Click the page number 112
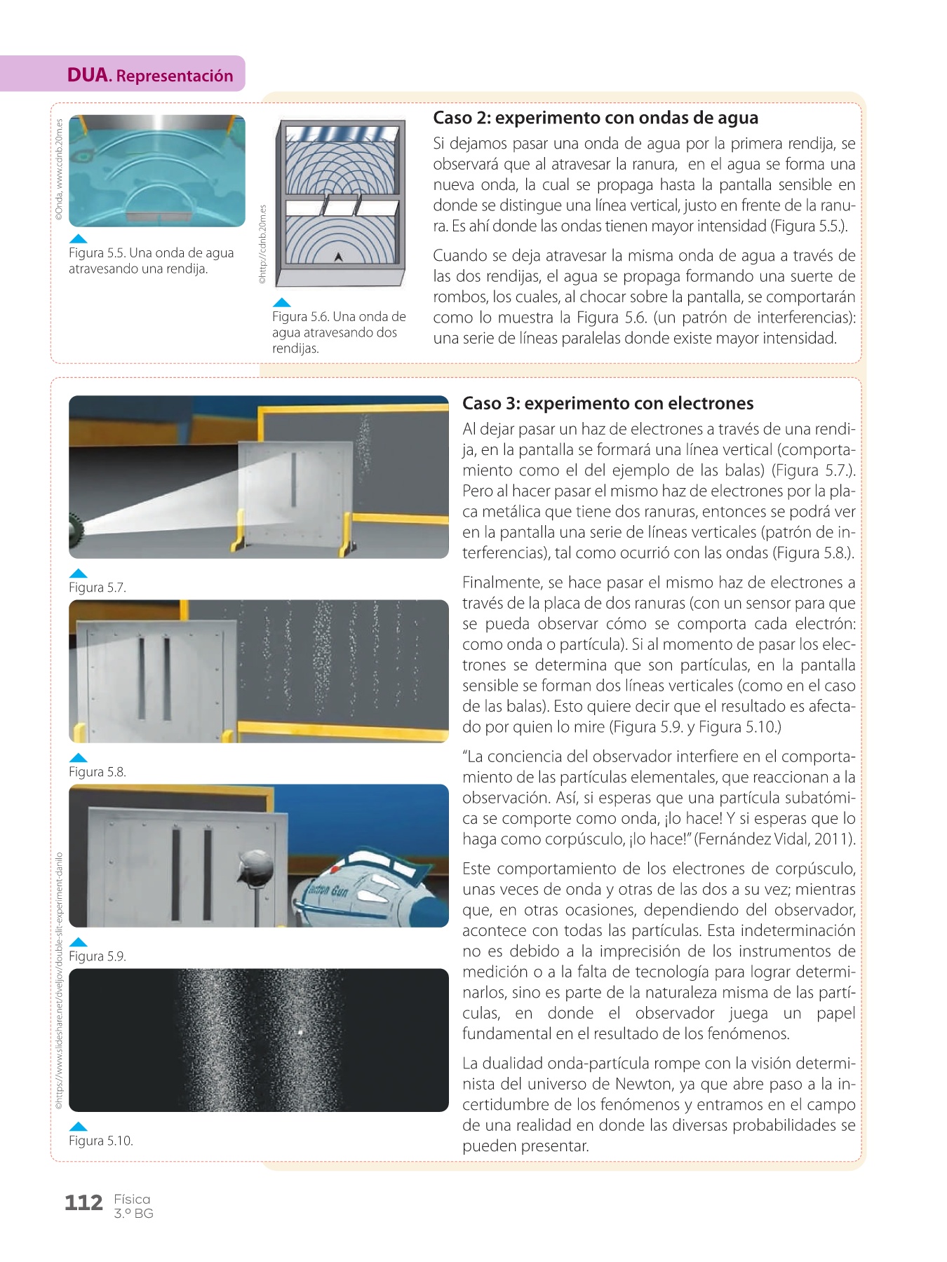(x=83, y=1203)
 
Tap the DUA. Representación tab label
(x=150, y=75)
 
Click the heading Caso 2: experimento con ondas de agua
(x=595, y=118)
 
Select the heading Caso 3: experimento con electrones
(x=607, y=403)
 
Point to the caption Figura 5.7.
(x=97, y=588)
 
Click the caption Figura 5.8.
(x=97, y=772)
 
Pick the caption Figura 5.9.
(x=97, y=956)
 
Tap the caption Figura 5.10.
(x=100, y=1141)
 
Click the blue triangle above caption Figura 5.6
(x=281, y=303)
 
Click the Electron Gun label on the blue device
(x=329, y=891)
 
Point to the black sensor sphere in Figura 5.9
(x=255, y=868)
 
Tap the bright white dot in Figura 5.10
(x=300, y=1032)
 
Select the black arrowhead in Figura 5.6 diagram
(x=338, y=257)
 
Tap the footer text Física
(x=132, y=1199)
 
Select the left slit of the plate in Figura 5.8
(x=142, y=679)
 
